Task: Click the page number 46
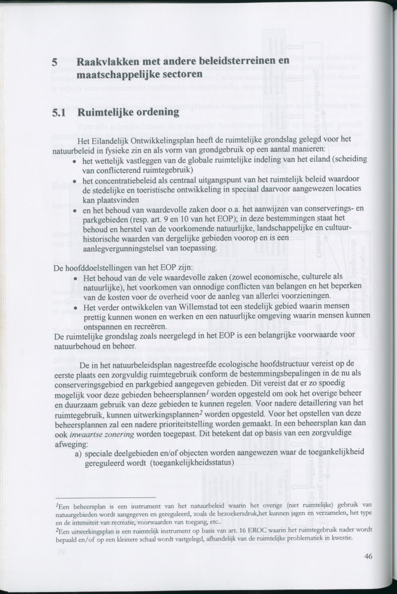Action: (x=368, y=556)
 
